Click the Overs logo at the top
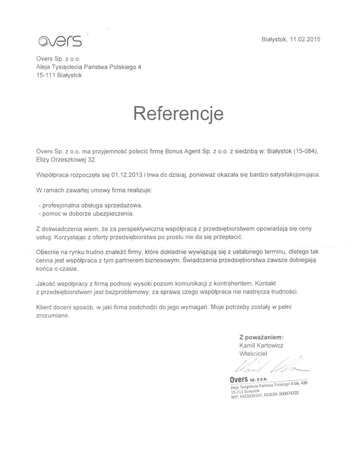(x=59, y=41)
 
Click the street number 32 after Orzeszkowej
(x=91, y=160)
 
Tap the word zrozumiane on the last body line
(x=53, y=315)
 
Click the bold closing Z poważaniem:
(x=261, y=336)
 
